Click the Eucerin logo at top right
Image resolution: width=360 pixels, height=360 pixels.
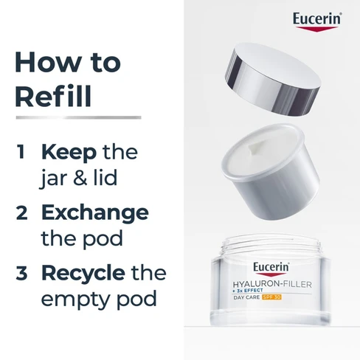(x=316, y=20)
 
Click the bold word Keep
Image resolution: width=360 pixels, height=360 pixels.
(x=71, y=153)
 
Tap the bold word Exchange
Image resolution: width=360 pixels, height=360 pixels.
(x=94, y=212)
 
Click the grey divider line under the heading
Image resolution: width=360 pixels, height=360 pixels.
(x=77, y=117)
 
